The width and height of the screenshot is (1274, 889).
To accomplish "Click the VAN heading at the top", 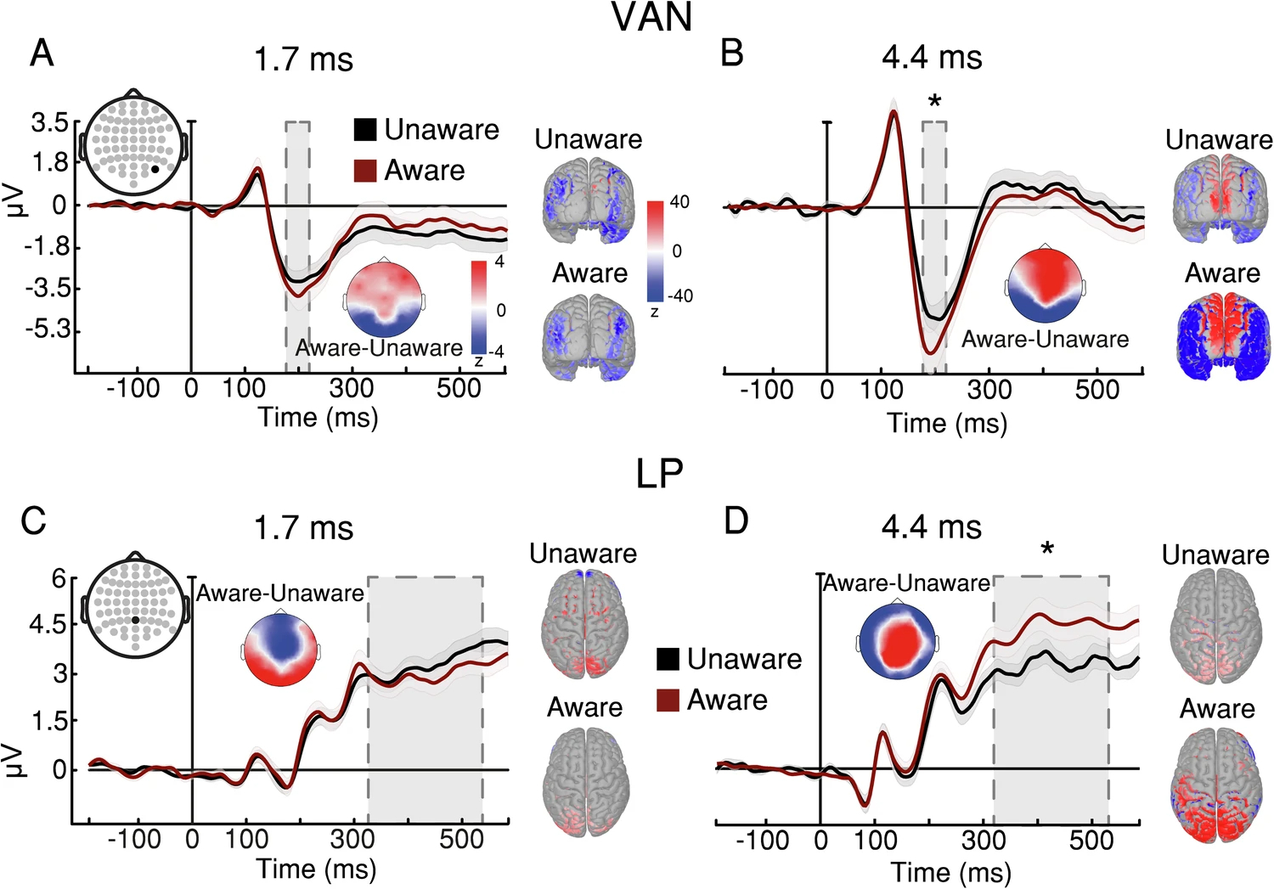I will (651, 17).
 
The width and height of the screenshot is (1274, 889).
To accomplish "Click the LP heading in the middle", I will (659, 474).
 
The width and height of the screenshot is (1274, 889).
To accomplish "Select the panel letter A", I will (42, 53).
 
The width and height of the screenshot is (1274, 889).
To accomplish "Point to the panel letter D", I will (736, 520).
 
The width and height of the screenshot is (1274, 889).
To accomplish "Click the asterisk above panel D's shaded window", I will (1047, 550).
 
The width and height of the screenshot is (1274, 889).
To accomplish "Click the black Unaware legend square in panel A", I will (365, 130).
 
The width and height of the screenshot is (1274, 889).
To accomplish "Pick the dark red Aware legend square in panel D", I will (668, 701).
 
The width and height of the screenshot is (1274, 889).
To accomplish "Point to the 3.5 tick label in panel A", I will (49, 123).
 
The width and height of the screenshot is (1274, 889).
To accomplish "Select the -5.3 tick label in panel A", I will (47, 329).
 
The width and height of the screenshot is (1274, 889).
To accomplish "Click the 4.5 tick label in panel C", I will (47, 625).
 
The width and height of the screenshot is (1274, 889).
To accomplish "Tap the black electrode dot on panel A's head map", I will (155, 170).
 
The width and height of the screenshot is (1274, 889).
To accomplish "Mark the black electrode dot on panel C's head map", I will (135, 620).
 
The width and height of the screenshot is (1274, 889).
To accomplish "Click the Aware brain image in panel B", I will (1223, 337).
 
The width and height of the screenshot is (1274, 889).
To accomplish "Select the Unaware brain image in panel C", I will (584, 624).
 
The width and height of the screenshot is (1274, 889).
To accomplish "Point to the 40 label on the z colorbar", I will (679, 202).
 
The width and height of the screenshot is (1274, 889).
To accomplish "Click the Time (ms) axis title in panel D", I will (950, 872).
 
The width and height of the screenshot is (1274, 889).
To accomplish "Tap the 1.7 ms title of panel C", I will (303, 528).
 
